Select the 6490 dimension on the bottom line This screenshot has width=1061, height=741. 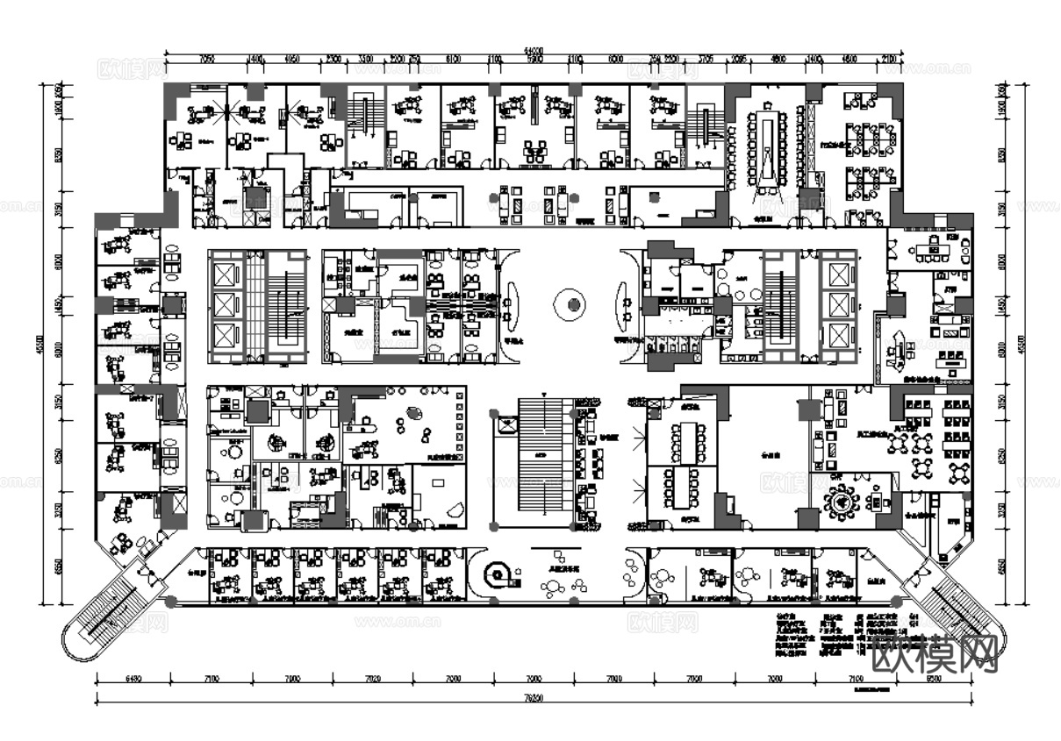click(x=133, y=678)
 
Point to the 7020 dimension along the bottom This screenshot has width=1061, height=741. click(x=372, y=678)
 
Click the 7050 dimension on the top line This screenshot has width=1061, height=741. click(x=207, y=58)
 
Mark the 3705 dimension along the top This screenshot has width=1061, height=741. click(x=705, y=58)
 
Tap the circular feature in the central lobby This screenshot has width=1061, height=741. click(x=573, y=304)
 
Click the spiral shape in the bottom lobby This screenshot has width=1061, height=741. click(x=501, y=574)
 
